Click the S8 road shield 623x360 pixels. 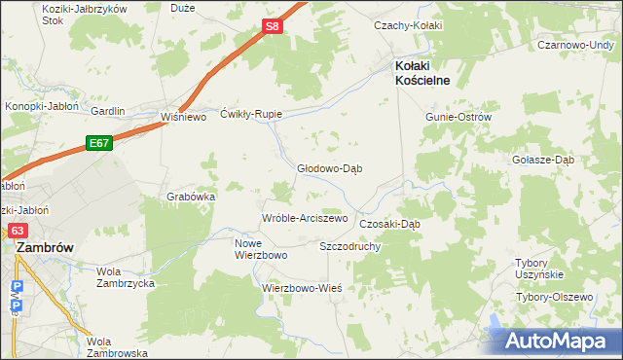click(274, 28)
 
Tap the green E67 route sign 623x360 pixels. click(98, 143)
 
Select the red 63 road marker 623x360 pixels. click(18, 231)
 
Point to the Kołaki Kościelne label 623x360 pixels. click(421, 73)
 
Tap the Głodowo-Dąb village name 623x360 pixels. click(330, 167)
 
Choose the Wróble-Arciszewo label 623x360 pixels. click(304, 218)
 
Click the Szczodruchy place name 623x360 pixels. click(349, 246)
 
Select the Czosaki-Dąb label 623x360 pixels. click(389, 223)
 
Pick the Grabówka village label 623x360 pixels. click(191, 196)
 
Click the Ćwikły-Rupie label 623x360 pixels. click(251, 113)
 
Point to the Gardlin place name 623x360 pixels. click(108, 111)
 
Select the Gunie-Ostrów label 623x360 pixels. click(458, 117)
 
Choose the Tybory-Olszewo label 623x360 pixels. click(554, 297)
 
